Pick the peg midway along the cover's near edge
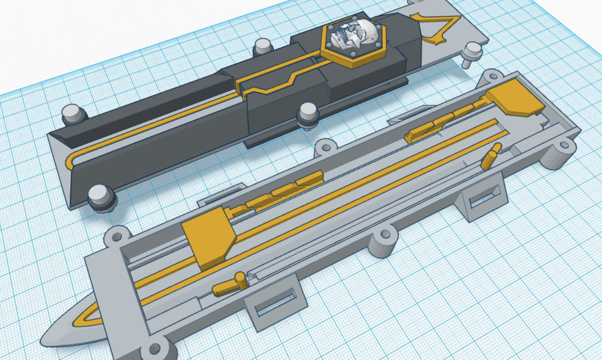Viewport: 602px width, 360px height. [x=308, y=115]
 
